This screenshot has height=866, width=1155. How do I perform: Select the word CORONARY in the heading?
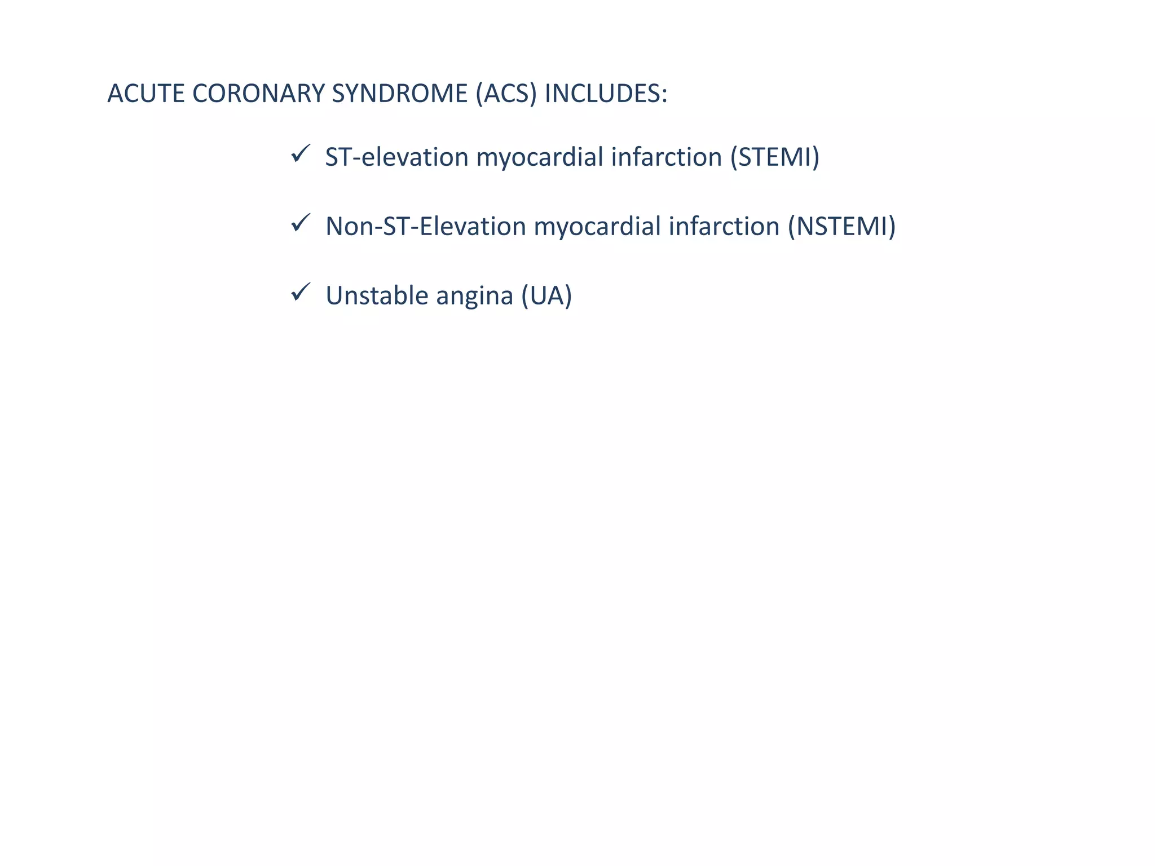tap(258, 94)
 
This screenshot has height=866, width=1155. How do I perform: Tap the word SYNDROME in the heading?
tap(399, 94)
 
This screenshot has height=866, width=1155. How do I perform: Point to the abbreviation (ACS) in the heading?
tap(506, 94)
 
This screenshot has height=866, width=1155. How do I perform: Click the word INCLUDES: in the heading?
tap(605, 94)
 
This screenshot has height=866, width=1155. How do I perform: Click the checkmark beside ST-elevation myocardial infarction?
tap(300, 153)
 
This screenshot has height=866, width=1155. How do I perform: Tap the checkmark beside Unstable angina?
tap(300, 292)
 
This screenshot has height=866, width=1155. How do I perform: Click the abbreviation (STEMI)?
tap(774, 157)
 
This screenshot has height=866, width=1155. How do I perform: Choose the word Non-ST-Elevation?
tap(426, 226)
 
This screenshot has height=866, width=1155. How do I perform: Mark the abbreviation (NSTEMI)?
tap(841, 226)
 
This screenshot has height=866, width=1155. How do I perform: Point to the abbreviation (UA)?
tap(546, 295)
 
